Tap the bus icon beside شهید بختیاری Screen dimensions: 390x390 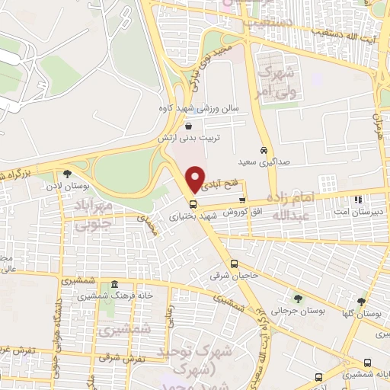(192, 204)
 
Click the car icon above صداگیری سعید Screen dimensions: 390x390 (264, 151)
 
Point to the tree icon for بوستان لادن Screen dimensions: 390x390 (68, 174)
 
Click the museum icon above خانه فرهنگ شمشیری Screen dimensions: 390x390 (113, 283)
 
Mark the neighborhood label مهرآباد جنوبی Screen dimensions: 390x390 (98, 213)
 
